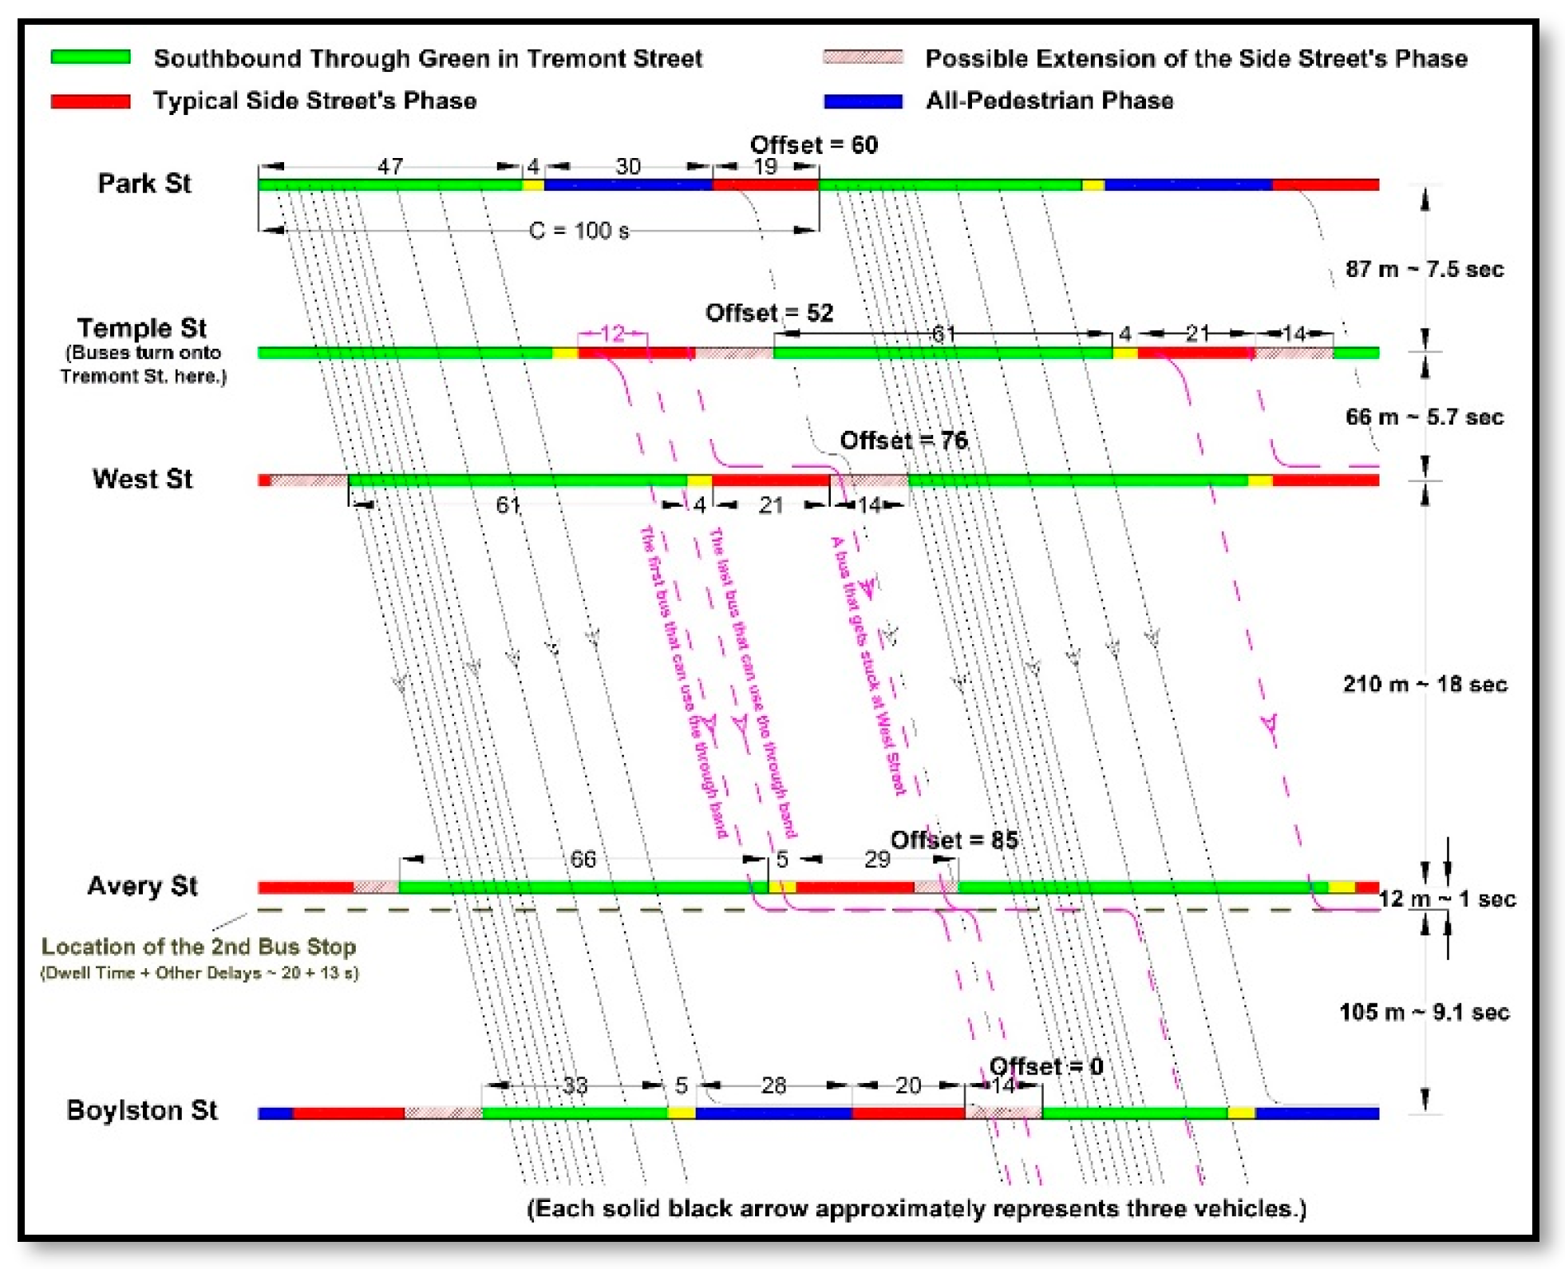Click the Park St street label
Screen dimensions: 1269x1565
144,184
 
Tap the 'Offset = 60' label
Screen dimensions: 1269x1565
813,144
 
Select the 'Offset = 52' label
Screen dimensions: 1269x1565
769,312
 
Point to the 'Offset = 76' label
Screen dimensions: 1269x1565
903,440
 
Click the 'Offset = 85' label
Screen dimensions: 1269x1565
954,840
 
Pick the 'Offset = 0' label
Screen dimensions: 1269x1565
1045,1066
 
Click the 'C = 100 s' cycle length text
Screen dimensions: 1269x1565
579,231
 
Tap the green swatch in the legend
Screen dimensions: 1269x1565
90,57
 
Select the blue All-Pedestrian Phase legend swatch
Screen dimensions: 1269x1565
862,101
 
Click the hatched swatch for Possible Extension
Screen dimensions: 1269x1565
862,57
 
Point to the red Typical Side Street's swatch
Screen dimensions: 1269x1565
90,101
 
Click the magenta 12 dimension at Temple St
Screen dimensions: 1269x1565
612,333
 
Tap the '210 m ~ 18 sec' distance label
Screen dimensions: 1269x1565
1425,684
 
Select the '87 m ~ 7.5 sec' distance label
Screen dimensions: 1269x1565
1424,269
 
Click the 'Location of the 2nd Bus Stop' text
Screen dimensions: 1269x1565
198,947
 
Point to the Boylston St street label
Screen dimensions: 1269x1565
142,1110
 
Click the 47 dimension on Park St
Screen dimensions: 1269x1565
389,166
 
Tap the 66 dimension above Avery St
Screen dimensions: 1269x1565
583,859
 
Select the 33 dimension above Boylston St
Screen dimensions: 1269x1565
575,1085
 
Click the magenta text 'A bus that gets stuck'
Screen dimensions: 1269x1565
867,666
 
